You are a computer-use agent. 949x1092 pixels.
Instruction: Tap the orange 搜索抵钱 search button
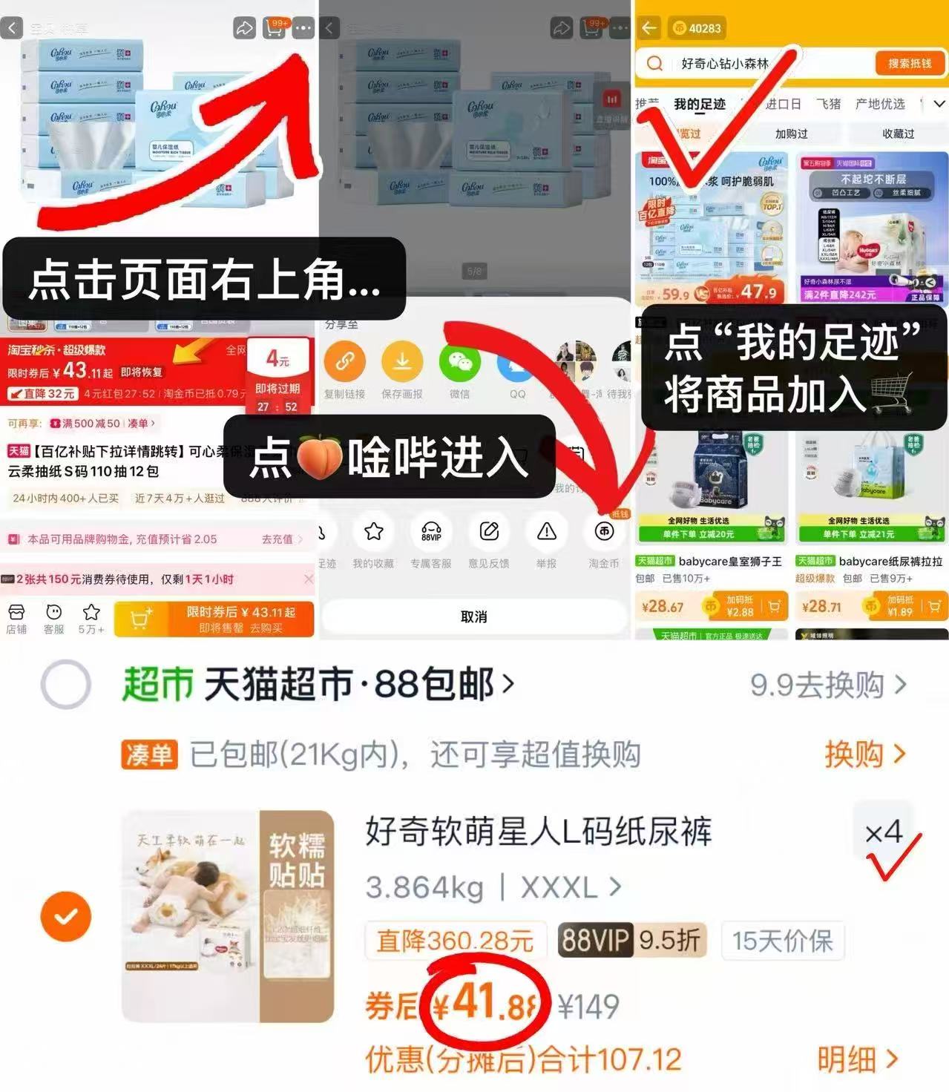coord(910,64)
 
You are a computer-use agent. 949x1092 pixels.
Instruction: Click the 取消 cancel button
coord(473,616)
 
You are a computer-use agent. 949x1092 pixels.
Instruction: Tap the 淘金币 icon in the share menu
coord(604,531)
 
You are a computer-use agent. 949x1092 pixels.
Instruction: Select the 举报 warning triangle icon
coord(546,531)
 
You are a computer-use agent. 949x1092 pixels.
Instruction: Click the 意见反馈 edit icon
coord(489,531)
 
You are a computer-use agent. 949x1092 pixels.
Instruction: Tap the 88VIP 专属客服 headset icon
coord(431,531)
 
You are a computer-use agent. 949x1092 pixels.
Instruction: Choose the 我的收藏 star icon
coord(373,531)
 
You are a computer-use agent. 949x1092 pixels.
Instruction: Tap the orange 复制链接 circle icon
coord(345,362)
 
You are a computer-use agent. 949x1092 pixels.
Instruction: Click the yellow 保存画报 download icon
coord(402,362)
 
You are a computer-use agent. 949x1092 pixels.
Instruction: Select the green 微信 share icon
coord(459,362)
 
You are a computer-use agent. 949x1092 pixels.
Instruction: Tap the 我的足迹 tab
coord(699,105)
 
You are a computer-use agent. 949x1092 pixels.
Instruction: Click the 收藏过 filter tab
coord(898,134)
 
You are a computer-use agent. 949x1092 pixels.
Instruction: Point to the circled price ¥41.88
coord(485,1005)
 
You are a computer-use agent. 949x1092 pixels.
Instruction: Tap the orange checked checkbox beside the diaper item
coord(66,917)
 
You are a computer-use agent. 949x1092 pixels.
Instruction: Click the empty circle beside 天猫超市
coord(66,684)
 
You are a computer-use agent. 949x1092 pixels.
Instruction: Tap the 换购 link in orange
coord(864,754)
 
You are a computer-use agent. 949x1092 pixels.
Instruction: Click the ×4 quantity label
coord(883,832)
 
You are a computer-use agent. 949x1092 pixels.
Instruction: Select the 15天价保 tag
coord(782,941)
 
